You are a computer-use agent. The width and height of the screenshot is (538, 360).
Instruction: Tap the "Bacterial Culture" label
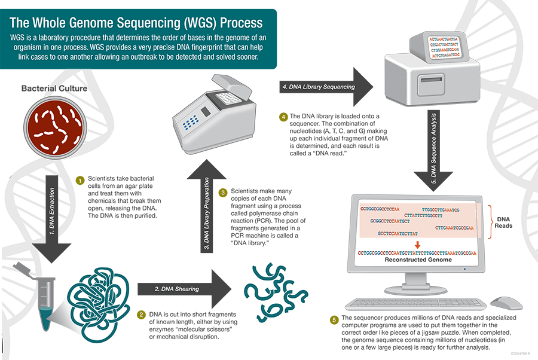pos(54,89)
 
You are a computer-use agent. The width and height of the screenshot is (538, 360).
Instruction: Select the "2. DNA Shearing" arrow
pos(179,289)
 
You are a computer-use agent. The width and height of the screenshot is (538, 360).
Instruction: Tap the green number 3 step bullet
pos(223,193)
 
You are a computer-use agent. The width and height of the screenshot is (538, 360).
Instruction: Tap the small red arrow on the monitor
pos(418,244)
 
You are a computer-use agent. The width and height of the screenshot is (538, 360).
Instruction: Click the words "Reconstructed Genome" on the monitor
pos(418,261)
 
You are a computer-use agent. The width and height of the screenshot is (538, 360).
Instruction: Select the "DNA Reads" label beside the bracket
pos(503,222)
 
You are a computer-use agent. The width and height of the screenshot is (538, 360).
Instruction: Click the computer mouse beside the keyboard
pos(506,302)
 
